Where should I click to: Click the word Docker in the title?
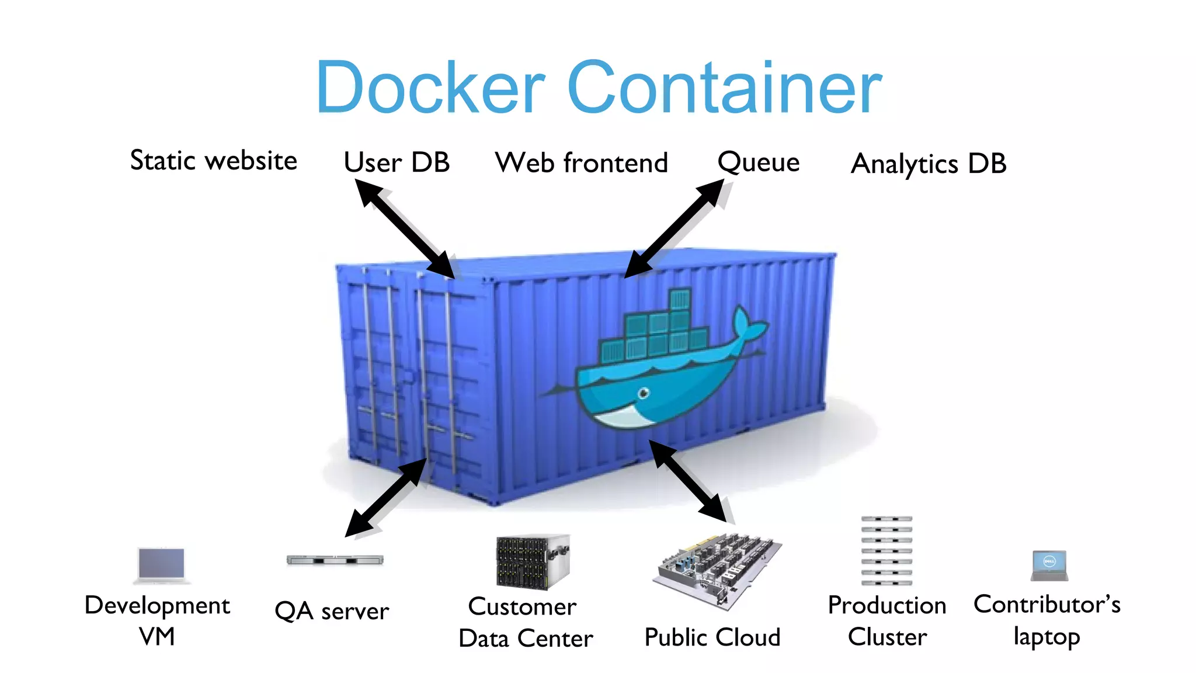(x=430, y=88)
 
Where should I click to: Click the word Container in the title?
(x=724, y=88)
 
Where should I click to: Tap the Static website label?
(x=214, y=161)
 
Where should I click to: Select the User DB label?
(x=397, y=162)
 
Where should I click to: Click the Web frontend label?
(x=581, y=162)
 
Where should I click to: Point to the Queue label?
(x=758, y=162)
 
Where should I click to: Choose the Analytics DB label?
(x=929, y=164)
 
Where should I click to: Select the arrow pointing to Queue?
(x=675, y=228)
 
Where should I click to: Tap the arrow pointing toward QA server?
(x=386, y=497)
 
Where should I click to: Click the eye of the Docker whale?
(x=644, y=393)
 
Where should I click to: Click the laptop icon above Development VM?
(x=162, y=566)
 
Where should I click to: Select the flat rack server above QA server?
(x=335, y=560)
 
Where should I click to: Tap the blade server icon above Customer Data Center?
(x=532, y=561)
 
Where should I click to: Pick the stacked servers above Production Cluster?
(x=886, y=550)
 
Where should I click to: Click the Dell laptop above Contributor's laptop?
(x=1049, y=565)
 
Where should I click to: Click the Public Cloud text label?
(x=712, y=637)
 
